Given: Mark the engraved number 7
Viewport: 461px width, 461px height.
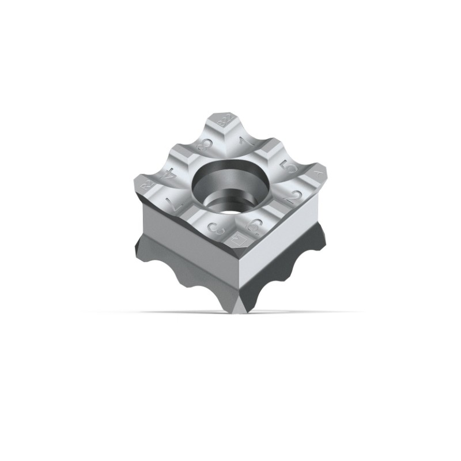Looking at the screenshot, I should point(172,202).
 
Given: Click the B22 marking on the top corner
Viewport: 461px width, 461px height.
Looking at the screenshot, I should point(224,122).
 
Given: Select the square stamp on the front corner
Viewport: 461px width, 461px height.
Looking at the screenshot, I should point(236,238).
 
